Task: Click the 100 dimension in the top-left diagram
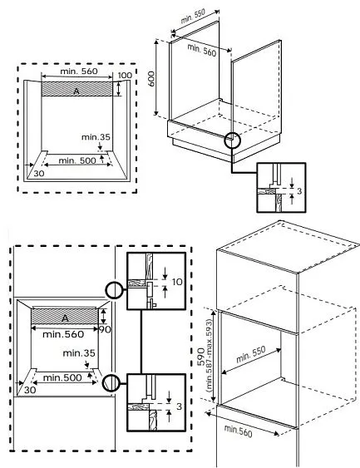124,76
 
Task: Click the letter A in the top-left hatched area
76,91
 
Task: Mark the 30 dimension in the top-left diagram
37,174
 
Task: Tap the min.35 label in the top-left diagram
96,136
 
